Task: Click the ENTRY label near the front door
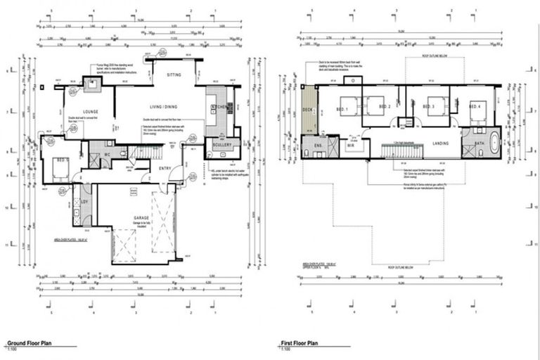point(166,168)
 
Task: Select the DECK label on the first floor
point(307,110)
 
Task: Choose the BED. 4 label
point(475,106)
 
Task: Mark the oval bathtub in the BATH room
point(491,146)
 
